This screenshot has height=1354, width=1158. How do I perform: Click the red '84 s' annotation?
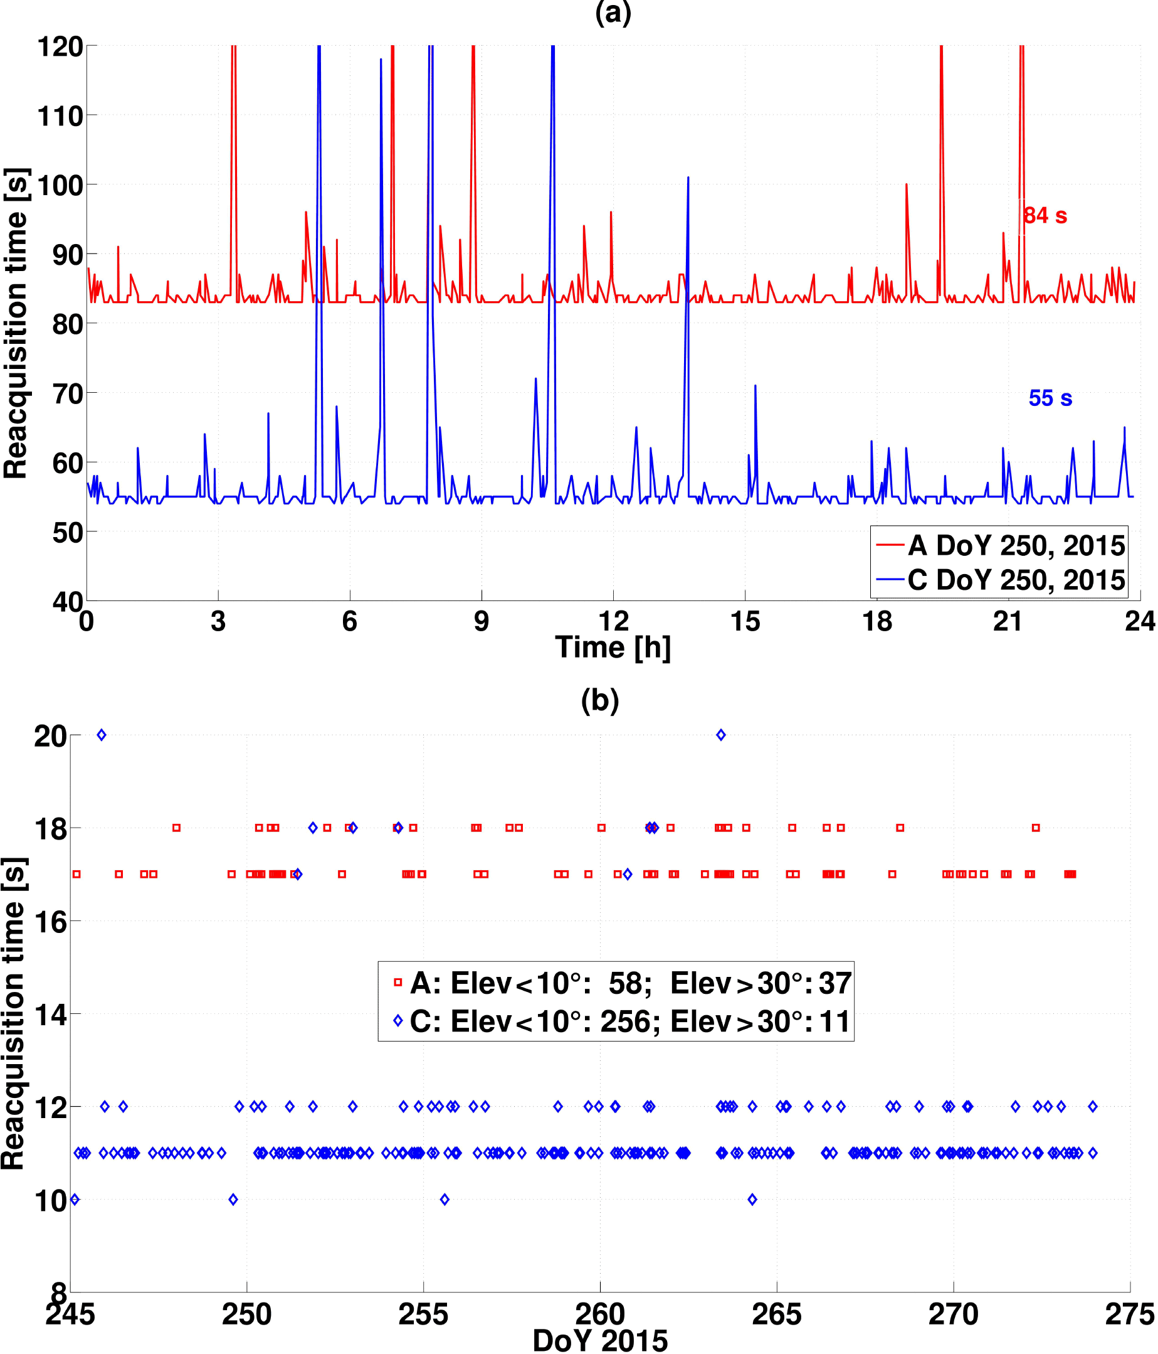coord(1045,216)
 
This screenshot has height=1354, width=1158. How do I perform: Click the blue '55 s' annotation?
coord(1050,398)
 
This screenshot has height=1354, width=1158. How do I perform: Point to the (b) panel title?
coord(599,700)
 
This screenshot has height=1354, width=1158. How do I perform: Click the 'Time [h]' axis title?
coord(613,648)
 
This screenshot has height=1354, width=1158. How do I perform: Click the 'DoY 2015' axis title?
coord(599,1341)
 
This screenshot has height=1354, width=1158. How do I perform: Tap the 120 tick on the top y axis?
coord(60,46)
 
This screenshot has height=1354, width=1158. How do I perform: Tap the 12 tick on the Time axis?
coord(613,621)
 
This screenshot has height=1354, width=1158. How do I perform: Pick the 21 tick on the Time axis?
coord(1008,621)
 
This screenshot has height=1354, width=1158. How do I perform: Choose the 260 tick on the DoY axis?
coord(599,1315)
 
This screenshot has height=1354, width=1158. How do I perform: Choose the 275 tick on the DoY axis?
coord(1130,1315)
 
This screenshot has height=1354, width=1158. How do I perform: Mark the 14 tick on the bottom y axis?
coord(50,1015)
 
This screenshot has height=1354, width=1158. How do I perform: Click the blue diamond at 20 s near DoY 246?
coord(101,735)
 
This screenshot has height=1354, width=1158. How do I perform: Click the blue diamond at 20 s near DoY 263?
coord(720,735)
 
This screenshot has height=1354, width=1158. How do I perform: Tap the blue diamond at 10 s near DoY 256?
coord(445,1199)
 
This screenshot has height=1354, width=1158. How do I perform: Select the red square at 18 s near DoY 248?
coord(176,828)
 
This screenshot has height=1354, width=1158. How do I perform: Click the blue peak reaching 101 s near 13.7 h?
coord(688,178)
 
